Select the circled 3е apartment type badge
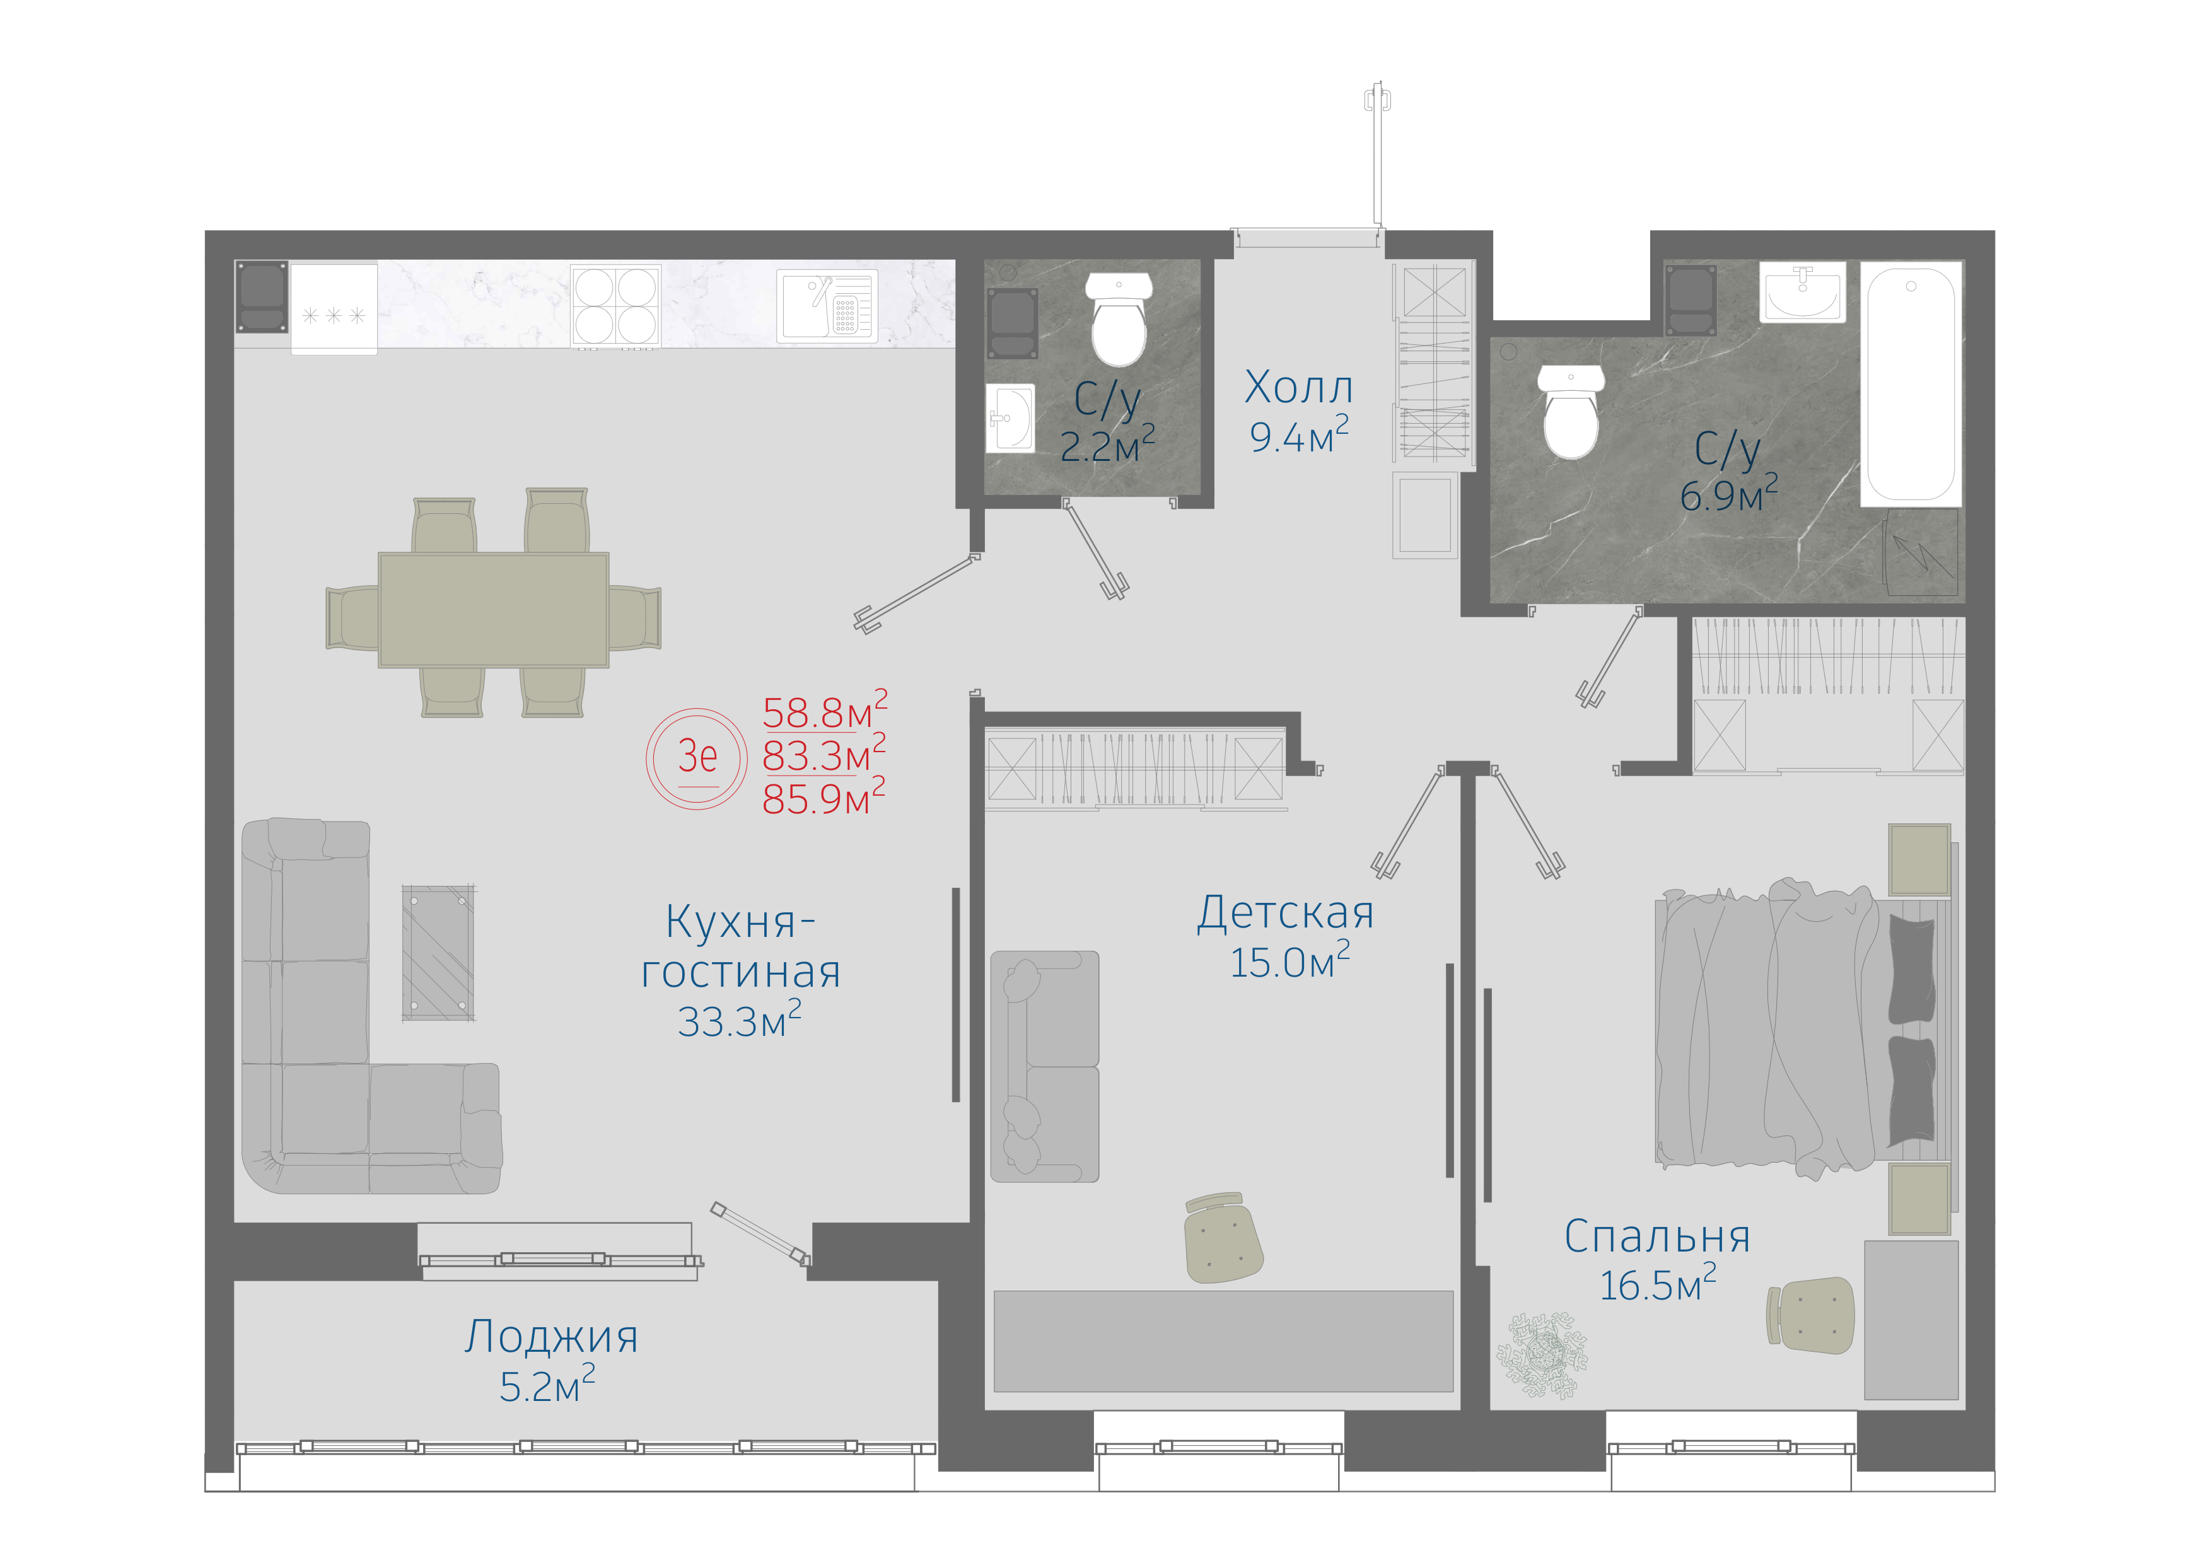(697, 758)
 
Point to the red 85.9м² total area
(824, 798)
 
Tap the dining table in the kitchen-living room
(493, 610)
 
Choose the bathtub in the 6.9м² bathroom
(1911, 383)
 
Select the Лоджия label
(551, 1337)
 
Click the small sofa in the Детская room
(1044, 1067)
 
